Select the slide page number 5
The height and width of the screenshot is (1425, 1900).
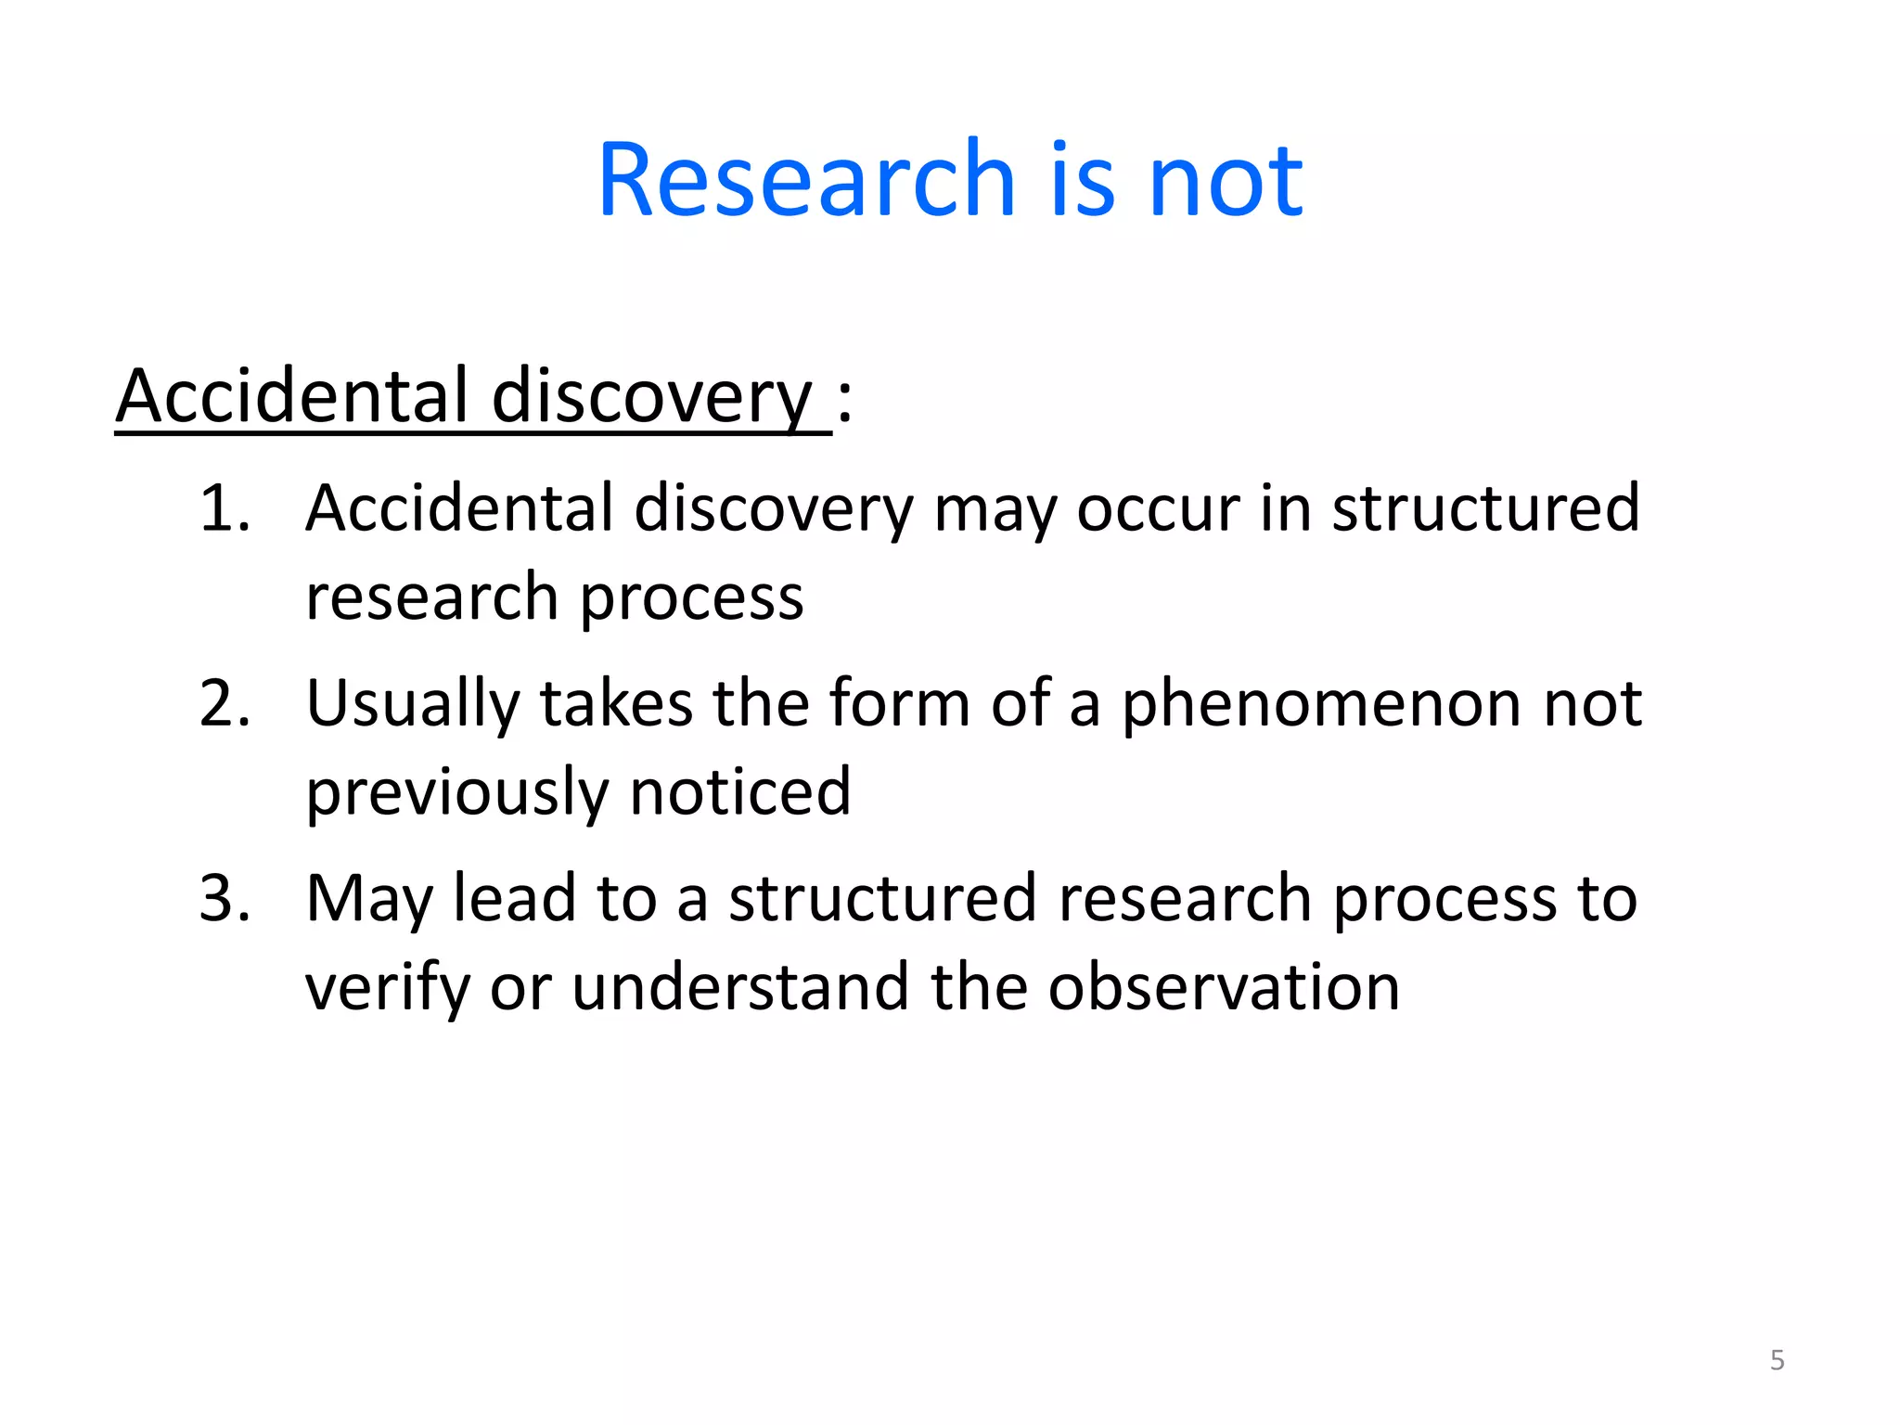(x=1777, y=1360)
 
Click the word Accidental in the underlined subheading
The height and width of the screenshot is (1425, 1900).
(x=292, y=396)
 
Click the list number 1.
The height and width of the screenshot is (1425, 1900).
(x=225, y=508)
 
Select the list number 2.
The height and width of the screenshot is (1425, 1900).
(x=225, y=703)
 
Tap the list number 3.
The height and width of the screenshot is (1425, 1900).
(x=225, y=898)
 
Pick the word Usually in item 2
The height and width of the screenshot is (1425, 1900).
(x=413, y=705)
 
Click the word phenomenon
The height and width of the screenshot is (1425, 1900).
(x=1322, y=705)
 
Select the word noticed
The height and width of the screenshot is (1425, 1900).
(x=739, y=792)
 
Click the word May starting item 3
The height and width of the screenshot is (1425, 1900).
(x=368, y=900)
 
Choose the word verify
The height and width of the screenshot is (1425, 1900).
(x=387, y=989)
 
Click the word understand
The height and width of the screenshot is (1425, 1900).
(x=739, y=987)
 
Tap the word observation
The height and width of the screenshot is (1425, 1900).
(x=1224, y=987)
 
